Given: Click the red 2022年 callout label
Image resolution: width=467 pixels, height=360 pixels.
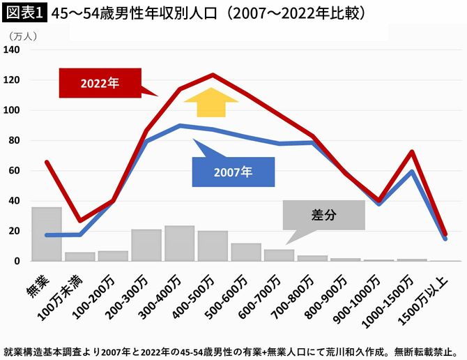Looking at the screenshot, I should point(100,83).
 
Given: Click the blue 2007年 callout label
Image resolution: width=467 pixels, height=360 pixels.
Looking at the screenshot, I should point(233,172).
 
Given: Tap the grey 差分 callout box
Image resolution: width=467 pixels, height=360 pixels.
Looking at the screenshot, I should point(323,216).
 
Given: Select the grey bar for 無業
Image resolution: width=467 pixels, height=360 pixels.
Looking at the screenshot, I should point(47,234).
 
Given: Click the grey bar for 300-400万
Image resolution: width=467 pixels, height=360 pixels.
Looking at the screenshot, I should point(179,243).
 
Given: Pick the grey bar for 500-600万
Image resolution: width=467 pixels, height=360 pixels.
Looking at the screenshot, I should point(246,252).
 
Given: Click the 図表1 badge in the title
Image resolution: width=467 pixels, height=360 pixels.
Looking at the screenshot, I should point(24,13).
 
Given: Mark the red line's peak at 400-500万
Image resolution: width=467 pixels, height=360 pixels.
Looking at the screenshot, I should point(213,75).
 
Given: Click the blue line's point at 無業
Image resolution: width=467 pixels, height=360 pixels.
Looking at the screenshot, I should point(47,235).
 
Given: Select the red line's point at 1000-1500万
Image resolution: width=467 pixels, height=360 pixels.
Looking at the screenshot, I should point(413,151).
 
